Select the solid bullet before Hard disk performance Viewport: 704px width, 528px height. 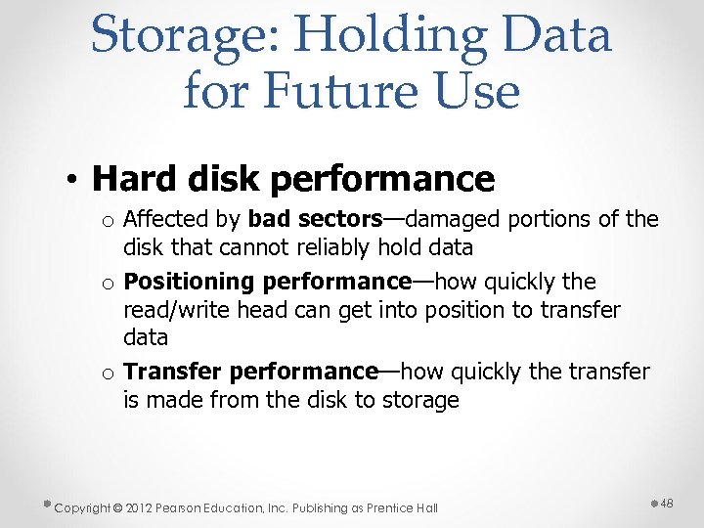74,180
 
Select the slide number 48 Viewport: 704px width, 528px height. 667,503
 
